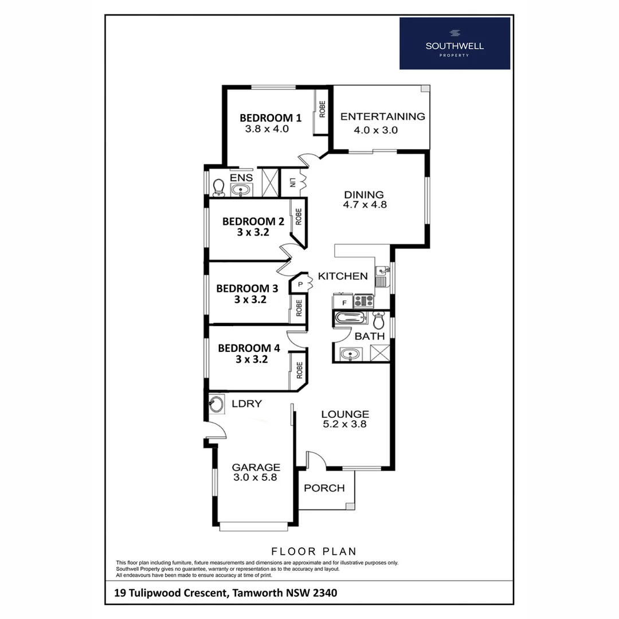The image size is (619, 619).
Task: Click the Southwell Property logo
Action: point(455,43)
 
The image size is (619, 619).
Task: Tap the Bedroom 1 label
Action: point(270,118)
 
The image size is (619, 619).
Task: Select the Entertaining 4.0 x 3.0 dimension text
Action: point(375,130)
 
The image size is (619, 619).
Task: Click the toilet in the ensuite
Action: point(218,186)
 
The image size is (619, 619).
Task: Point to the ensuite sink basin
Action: point(242,190)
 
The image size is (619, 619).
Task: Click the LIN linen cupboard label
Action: point(292,183)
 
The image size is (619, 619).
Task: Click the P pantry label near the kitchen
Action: point(299,284)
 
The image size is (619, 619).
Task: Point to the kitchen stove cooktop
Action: point(363,300)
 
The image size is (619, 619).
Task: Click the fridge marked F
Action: point(344,301)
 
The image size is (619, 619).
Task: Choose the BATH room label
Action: point(370,336)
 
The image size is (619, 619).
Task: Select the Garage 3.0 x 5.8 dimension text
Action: point(255,477)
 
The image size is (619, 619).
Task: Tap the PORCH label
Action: point(324,488)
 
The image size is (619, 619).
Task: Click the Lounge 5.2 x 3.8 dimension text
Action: point(344,425)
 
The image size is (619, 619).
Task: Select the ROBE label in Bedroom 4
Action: point(299,370)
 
